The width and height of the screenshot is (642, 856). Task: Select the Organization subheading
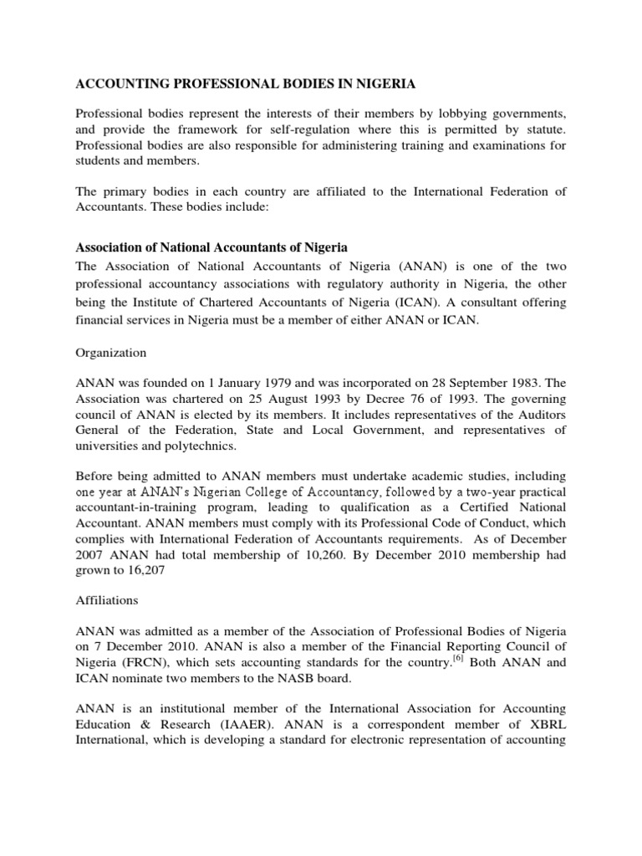[111, 353]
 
